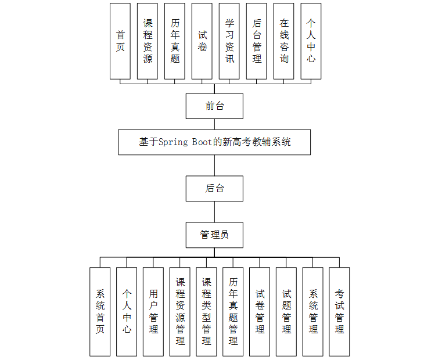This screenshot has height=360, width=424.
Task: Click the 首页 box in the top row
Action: tap(120, 41)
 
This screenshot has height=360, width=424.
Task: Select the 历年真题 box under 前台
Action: tap(175, 41)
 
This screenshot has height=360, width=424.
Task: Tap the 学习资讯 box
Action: tap(229, 41)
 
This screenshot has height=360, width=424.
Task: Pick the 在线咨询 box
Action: tap(284, 41)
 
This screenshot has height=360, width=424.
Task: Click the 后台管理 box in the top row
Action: tap(257, 41)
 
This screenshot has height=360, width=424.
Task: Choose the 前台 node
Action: tap(214, 106)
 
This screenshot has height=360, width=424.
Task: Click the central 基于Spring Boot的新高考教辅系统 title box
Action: tap(214, 142)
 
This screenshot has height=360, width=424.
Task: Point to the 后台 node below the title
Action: tap(214, 189)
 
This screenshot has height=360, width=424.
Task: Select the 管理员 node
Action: tap(214, 235)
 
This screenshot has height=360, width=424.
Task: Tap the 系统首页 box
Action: tap(100, 312)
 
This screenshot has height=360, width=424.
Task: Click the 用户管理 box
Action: tap(153, 312)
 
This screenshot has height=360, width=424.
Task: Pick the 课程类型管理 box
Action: tap(206, 312)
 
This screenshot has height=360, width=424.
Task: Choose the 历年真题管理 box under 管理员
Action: tap(233, 312)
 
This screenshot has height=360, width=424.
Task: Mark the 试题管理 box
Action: tap(286, 312)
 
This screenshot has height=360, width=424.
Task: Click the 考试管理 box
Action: tap(339, 312)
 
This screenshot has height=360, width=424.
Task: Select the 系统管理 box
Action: tap(313, 312)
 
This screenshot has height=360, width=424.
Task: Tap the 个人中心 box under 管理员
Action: tap(127, 312)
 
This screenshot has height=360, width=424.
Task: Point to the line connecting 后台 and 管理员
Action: tap(214, 212)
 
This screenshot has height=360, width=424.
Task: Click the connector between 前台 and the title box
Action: tap(214, 124)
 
